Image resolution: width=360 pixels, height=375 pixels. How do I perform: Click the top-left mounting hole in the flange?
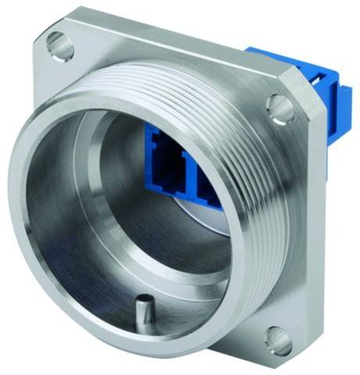(x=60, y=45)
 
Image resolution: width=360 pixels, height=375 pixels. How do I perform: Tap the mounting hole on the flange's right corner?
(x=280, y=107)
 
